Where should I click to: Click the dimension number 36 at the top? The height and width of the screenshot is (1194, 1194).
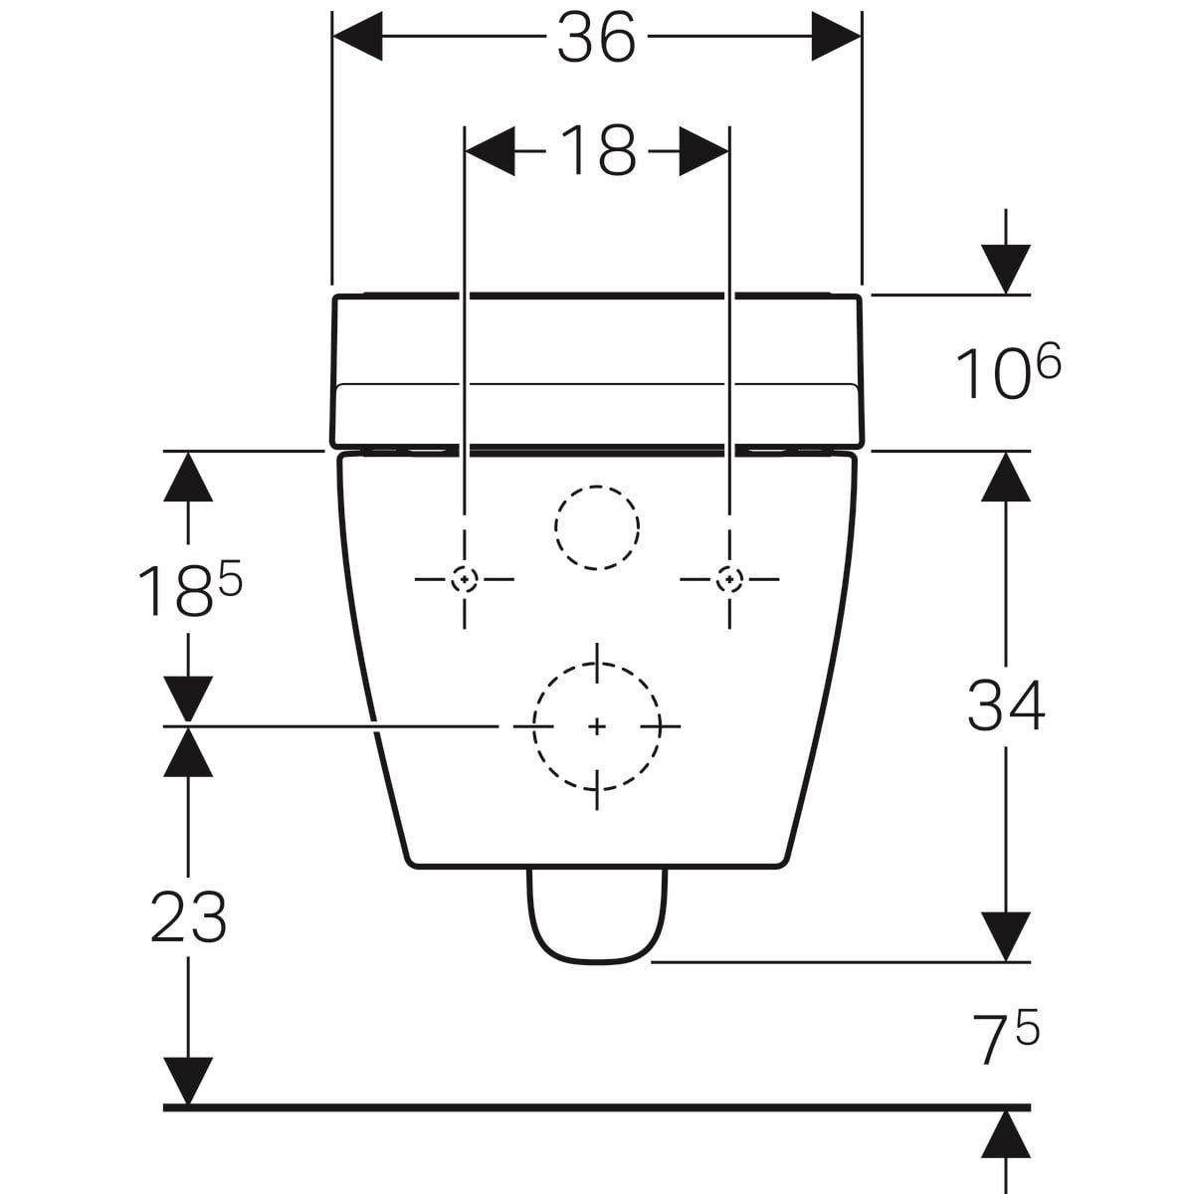(596, 37)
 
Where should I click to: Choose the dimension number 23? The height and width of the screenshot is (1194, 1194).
(188, 918)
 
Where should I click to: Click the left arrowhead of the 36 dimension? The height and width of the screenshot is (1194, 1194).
(357, 37)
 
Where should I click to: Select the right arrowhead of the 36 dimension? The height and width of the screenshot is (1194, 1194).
(837, 37)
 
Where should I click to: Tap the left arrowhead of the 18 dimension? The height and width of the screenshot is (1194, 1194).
(490, 151)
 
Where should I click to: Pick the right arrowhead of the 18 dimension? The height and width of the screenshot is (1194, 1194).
(703, 151)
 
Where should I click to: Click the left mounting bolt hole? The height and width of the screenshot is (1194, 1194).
(464, 579)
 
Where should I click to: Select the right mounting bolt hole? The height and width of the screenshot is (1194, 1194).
(729, 579)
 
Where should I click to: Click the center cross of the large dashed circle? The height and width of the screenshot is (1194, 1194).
(597, 726)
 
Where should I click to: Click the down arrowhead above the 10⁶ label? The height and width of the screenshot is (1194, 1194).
(1006, 270)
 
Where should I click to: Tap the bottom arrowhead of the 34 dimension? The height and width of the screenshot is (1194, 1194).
(1006, 937)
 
